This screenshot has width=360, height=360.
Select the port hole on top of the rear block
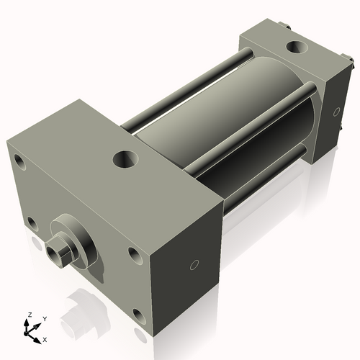click(295, 48)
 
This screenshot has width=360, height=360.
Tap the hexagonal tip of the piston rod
click(55, 253)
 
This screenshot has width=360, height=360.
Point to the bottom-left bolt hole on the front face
click(32, 222)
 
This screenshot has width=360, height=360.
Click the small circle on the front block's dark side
click(193, 266)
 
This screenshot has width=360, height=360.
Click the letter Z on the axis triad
click(30, 315)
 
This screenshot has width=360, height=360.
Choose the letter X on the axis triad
click(45, 338)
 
